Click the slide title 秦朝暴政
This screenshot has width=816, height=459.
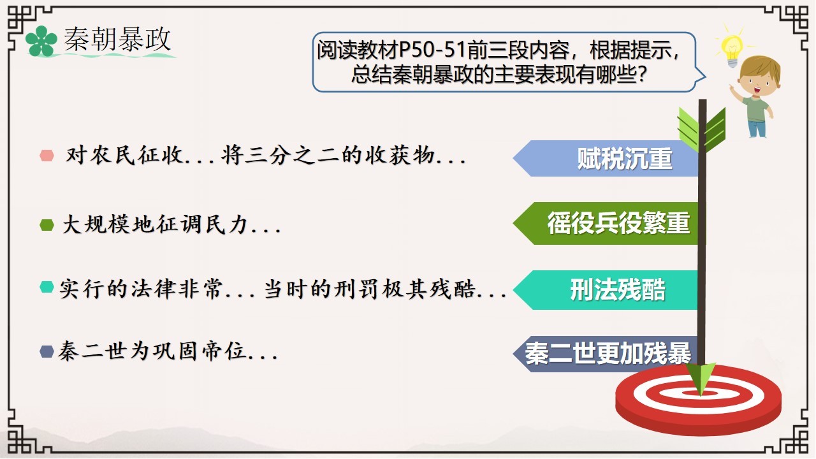pos(117,39)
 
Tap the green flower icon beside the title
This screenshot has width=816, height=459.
pos(41,41)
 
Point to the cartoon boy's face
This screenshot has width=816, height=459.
pos(758,83)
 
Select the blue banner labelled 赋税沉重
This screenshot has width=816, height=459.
pos(606,159)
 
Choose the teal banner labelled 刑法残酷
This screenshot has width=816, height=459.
pos(606,290)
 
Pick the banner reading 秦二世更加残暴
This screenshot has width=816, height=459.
pos(606,354)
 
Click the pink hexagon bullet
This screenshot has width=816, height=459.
pos(47,156)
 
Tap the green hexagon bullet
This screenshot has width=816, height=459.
pos(47,225)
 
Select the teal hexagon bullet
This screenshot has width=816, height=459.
pos(47,287)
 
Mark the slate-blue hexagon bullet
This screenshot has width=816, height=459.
pos(47,351)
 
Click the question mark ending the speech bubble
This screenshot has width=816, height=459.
pos(642,75)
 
